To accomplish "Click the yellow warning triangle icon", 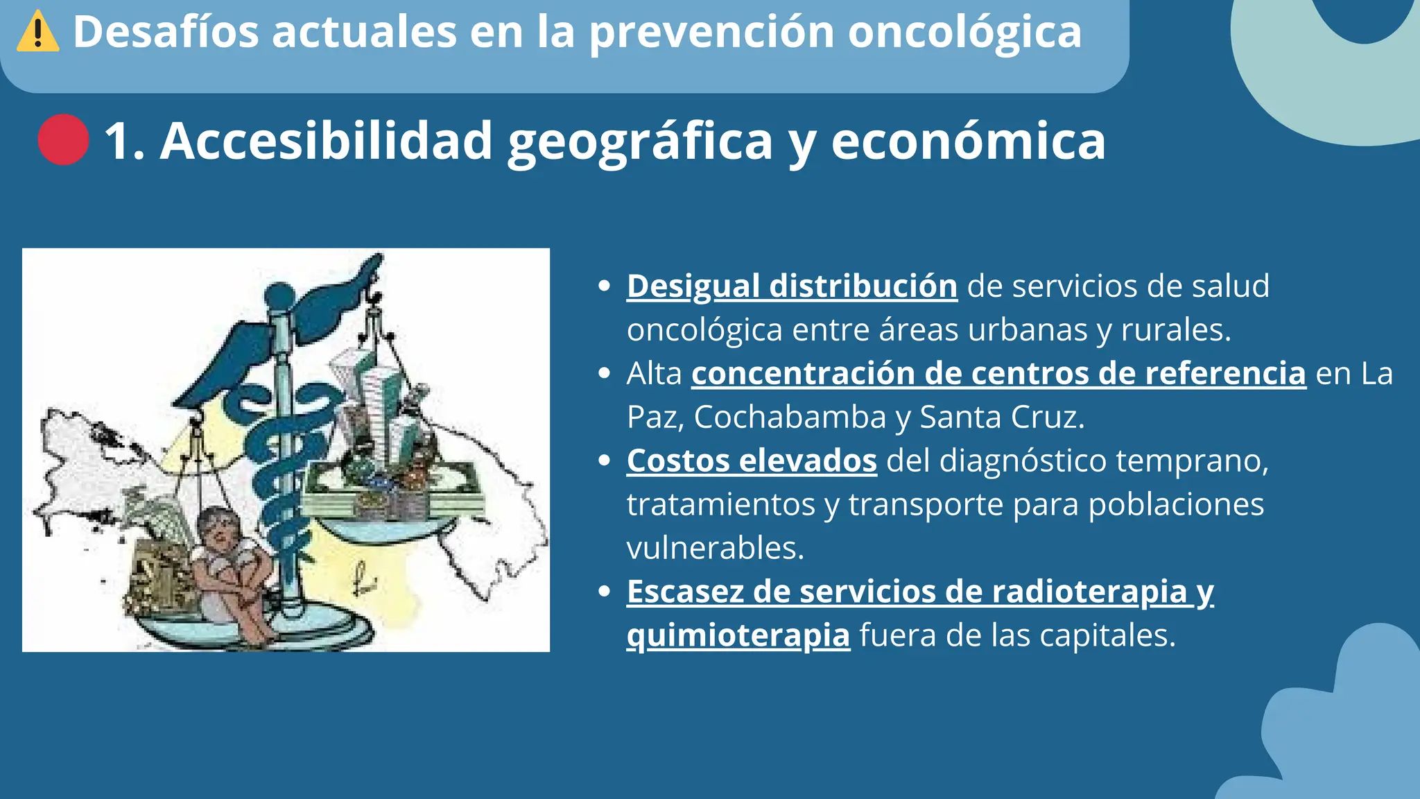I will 37,32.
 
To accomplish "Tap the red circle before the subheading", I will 63,140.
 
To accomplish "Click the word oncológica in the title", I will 964,32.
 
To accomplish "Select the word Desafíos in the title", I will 166,32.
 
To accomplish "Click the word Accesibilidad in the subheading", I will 326,141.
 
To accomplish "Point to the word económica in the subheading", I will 968,141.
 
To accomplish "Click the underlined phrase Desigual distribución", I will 792,286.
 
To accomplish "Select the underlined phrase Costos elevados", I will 752,461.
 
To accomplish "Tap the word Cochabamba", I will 790,417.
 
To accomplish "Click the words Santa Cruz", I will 1001,417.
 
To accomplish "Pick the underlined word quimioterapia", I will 738,635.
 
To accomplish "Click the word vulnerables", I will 715,548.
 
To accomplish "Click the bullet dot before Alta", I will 604,374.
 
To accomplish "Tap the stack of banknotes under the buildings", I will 392,496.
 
